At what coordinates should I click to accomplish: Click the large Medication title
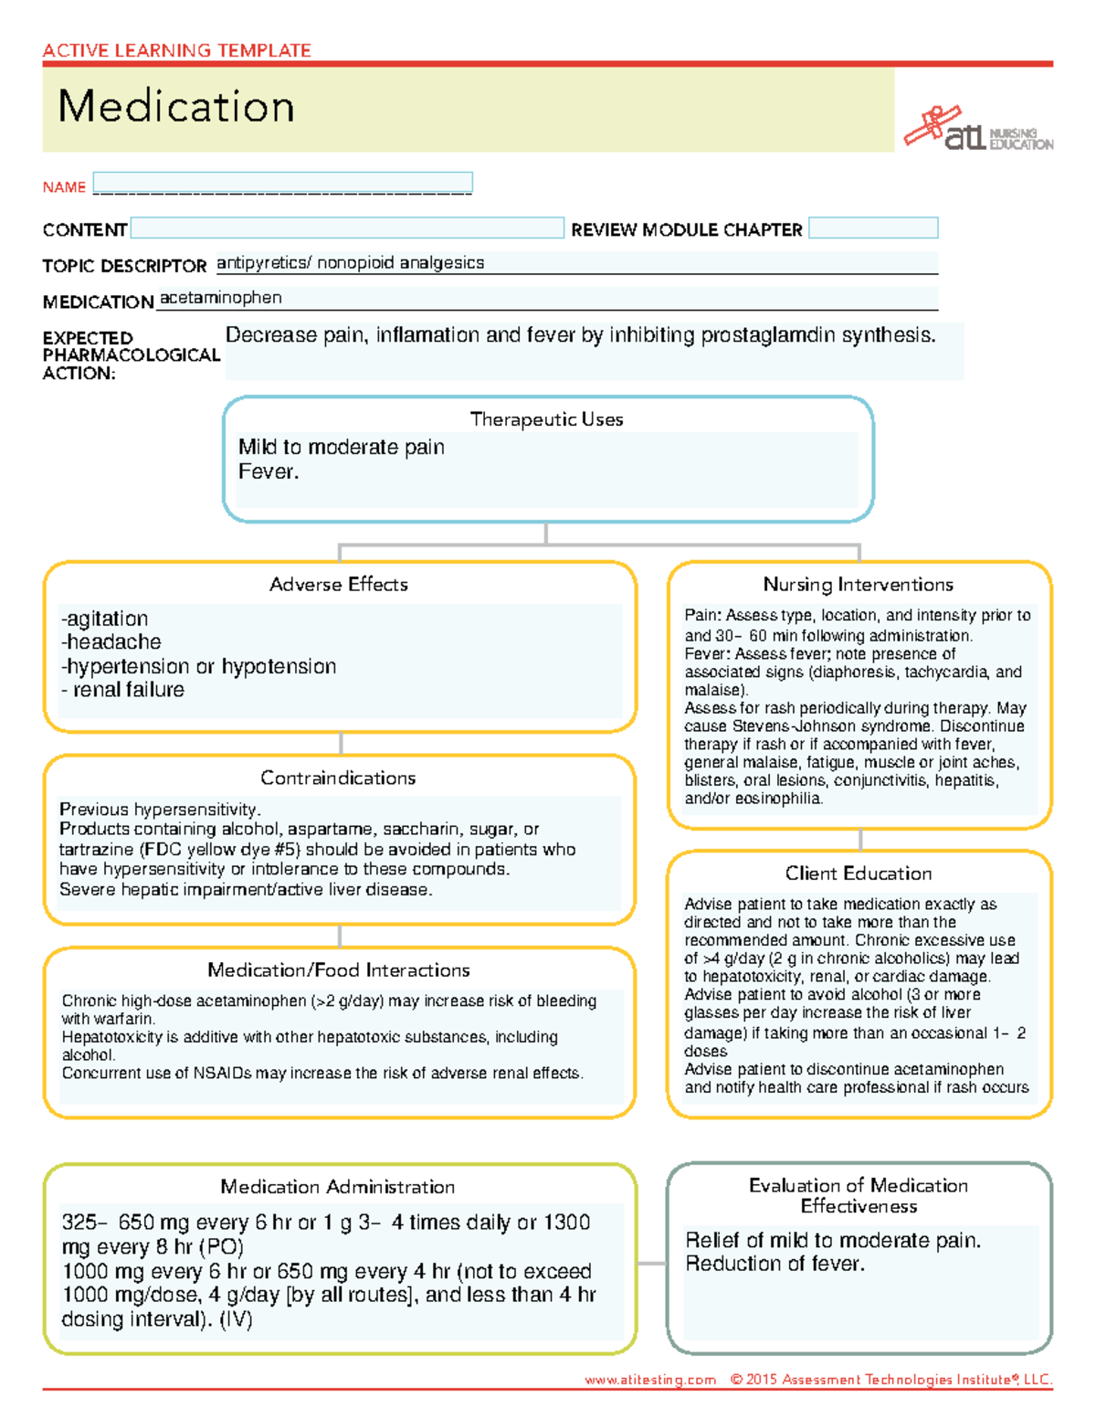click(176, 107)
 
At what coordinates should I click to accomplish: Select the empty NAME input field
click(282, 183)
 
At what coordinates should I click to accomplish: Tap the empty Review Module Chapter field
click(873, 228)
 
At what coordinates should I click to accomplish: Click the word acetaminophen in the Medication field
click(221, 298)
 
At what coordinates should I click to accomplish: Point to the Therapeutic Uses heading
click(546, 419)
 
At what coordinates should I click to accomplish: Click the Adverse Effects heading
click(338, 585)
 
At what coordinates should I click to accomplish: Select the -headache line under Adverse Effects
click(111, 642)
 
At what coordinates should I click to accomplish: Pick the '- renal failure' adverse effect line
click(122, 690)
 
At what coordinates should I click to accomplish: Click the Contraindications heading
click(338, 778)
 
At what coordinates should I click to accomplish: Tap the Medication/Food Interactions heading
click(338, 970)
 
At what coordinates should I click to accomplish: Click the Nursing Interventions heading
click(858, 585)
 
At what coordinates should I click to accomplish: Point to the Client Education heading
click(858, 874)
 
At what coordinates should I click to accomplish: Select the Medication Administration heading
click(337, 1187)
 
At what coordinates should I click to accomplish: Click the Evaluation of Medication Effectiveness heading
click(858, 1195)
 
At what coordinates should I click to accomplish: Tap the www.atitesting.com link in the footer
click(650, 1380)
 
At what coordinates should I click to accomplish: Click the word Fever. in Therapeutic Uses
click(269, 471)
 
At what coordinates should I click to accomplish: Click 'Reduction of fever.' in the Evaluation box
click(775, 1264)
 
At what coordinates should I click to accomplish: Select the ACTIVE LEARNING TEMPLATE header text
click(176, 50)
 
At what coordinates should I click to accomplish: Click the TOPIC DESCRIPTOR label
click(124, 266)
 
